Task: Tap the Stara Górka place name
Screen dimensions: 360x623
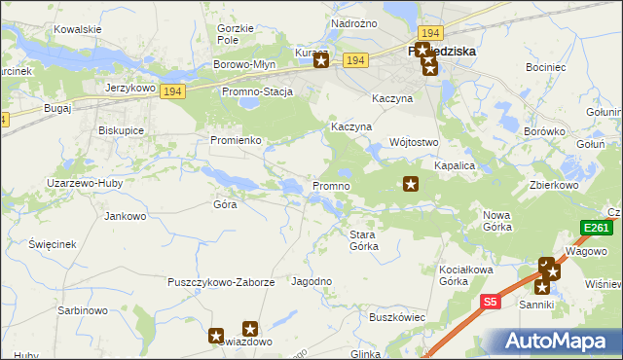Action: pyautogui.click(x=370, y=239)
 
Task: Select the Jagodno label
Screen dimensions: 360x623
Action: pyautogui.click(x=311, y=281)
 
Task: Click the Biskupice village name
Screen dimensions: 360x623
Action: pyautogui.click(x=122, y=129)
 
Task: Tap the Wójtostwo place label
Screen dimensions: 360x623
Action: pyautogui.click(x=414, y=141)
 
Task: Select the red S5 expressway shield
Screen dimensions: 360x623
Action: pyautogui.click(x=492, y=303)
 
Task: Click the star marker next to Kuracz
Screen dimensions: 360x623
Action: pyautogui.click(x=321, y=61)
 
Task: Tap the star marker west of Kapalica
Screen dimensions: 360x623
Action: pyautogui.click(x=411, y=183)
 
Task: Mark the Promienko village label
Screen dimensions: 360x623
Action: pyautogui.click(x=236, y=140)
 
